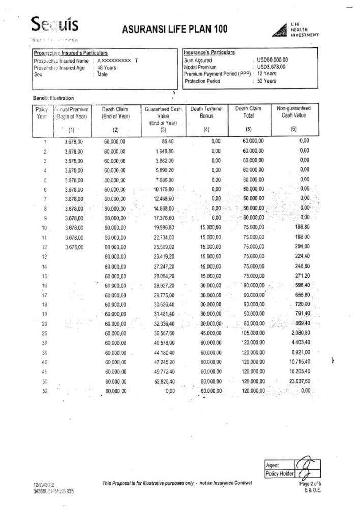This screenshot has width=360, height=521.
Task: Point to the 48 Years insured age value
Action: pyautogui.click(x=108, y=67)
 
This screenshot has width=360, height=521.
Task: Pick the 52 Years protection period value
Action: pyautogui.click(x=267, y=81)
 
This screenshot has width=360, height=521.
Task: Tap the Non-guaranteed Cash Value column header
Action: pyautogui.click(x=293, y=112)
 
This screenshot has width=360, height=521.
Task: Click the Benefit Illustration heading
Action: pyautogui.click(x=53, y=98)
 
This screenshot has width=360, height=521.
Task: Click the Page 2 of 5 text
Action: pyautogui.click(x=310, y=483)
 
